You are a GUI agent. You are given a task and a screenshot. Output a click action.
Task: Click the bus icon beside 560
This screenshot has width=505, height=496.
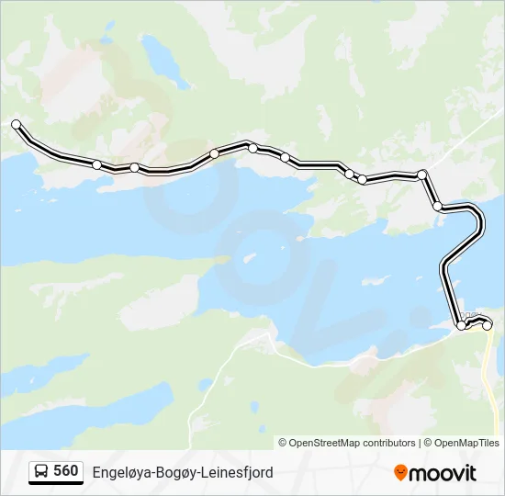tap(41, 471)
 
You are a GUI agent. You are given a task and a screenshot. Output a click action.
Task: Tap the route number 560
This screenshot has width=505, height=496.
tap(66, 471)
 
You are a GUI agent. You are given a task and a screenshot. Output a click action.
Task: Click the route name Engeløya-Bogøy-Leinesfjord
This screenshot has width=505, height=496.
tap(183, 472)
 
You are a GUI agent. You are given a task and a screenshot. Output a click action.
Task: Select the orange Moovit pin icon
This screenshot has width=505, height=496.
tap(400, 472)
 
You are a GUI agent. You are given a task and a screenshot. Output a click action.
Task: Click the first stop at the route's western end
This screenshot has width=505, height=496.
tap(16, 124)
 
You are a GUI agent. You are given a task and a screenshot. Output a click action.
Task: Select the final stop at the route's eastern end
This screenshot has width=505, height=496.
tap(488, 325)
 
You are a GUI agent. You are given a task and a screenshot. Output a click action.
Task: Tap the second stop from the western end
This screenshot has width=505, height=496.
tap(96, 164)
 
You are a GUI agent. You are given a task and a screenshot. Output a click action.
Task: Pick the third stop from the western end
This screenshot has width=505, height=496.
tap(134, 167)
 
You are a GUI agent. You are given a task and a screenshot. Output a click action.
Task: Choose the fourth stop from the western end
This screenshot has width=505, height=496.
tap(214, 153)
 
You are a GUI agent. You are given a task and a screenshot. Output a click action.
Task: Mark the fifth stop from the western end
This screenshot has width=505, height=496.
tap(252, 147)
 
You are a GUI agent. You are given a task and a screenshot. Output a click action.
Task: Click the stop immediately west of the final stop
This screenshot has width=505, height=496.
tap(461, 325)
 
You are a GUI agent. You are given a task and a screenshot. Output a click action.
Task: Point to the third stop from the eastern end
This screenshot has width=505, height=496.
tap(438, 207)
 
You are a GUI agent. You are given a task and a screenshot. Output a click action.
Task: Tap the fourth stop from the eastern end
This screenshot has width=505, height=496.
tap(422, 175)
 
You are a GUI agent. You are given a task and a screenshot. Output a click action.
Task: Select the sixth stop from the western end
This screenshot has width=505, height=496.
tap(285, 157)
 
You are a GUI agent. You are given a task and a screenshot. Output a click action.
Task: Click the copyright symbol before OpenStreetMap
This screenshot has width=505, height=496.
tap(283, 443)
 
